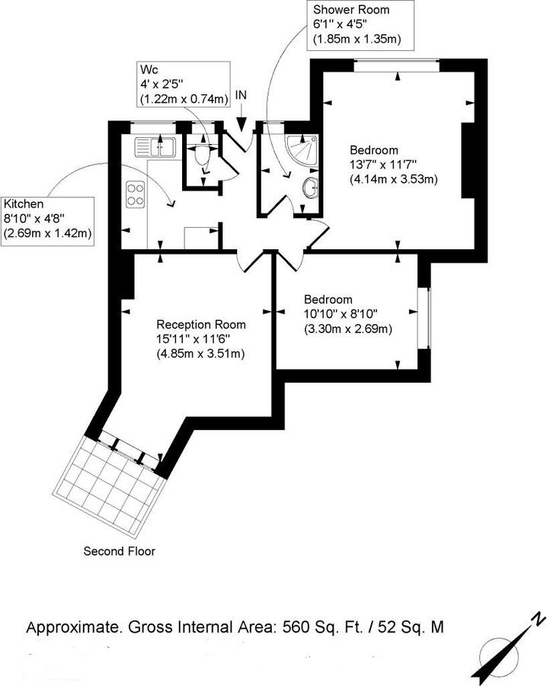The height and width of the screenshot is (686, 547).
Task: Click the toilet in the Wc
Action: point(201,156)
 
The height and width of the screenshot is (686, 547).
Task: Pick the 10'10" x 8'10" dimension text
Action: point(341,313)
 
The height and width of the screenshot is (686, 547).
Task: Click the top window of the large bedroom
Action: point(397,66)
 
